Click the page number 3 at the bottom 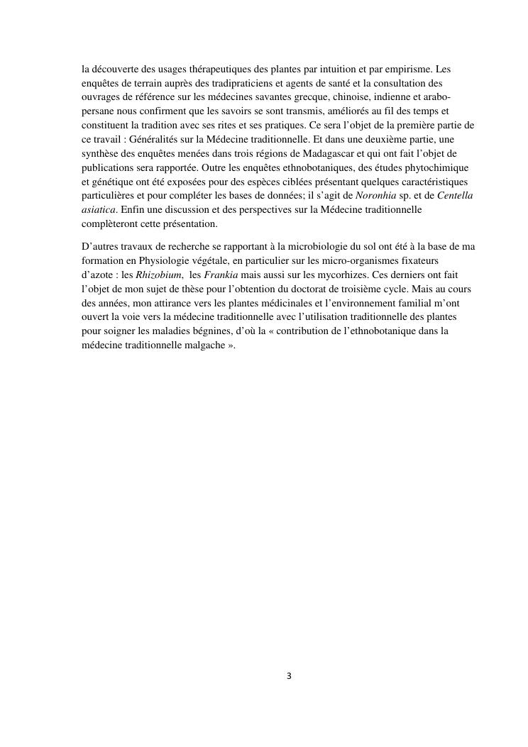point(289,676)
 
